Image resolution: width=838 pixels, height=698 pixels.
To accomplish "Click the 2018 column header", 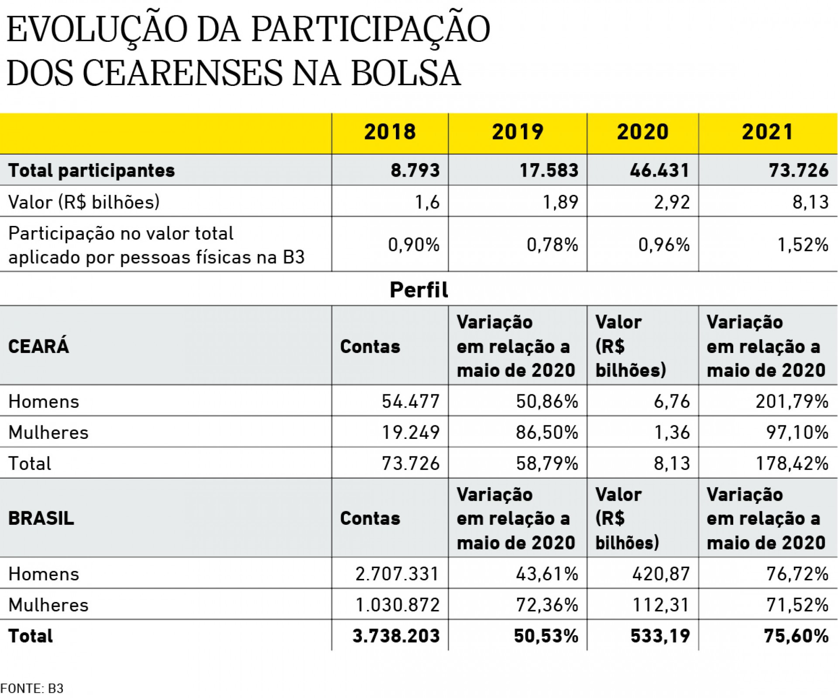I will [390, 132].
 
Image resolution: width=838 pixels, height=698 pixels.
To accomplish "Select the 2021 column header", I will [768, 132].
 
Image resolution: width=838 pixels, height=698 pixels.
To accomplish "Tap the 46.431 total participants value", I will [659, 170].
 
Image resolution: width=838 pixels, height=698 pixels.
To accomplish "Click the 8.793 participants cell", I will [415, 170].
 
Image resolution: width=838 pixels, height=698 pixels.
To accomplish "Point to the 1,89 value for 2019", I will [560, 202].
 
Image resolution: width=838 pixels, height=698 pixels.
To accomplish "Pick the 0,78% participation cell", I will [552, 245].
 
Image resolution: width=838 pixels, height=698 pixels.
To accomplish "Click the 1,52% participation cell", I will [803, 245].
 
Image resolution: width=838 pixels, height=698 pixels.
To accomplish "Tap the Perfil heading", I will [419, 290].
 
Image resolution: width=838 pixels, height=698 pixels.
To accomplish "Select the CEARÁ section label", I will [38, 346].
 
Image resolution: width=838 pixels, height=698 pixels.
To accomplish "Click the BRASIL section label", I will [41, 518].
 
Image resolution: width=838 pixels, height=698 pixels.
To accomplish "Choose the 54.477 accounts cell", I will [411, 401].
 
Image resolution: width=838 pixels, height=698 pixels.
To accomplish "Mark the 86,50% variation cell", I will [547, 432].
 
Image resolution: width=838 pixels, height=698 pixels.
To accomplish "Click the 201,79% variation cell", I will [792, 401].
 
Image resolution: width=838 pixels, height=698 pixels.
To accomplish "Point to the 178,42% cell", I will [792, 463].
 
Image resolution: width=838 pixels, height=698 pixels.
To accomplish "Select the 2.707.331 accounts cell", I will [397, 574].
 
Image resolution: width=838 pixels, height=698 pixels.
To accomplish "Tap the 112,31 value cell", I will [661, 605].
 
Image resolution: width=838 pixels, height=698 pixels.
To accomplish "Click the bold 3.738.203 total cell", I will [396, 636].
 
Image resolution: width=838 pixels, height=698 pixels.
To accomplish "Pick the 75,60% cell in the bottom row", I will [796, 636].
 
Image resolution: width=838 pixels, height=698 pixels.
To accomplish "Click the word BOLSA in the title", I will [406, 73].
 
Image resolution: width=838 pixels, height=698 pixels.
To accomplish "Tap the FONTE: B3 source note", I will [32, 688].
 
